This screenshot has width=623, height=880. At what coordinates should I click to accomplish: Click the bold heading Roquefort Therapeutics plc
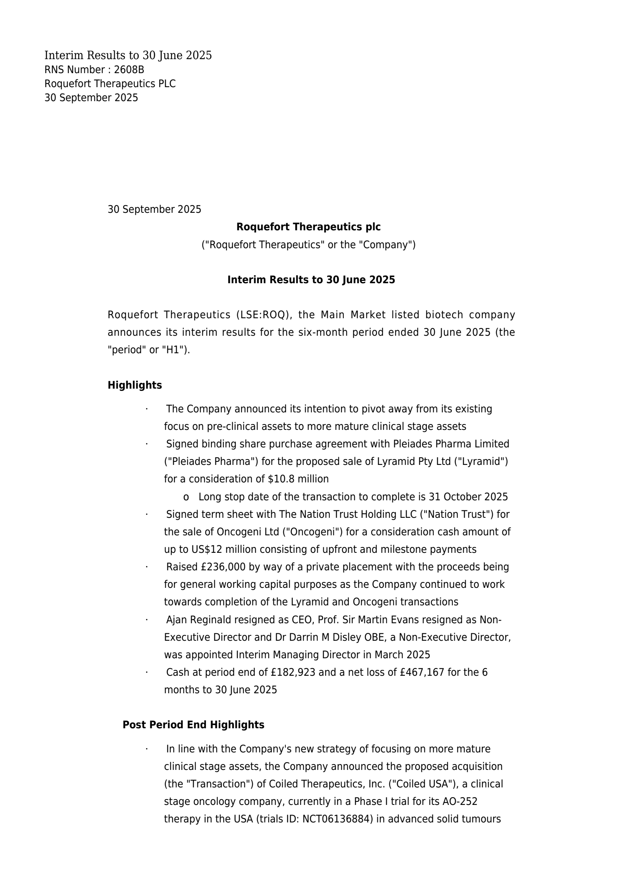pyautogui.click(x=308, y=226)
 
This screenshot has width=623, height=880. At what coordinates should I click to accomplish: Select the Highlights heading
pyautogui.click(x=135, y=385)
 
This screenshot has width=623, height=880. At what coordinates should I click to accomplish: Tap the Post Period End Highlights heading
pyautogui.click(x=193, y=725)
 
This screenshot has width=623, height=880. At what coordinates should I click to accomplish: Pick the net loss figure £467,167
pyautogui.click(x=422, y=672)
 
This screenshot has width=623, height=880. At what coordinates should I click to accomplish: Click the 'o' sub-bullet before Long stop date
pyautogui.click(x=186, y=497)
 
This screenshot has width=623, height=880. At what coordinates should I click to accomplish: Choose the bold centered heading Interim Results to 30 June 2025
pyautogui.click(x=311, y=280)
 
